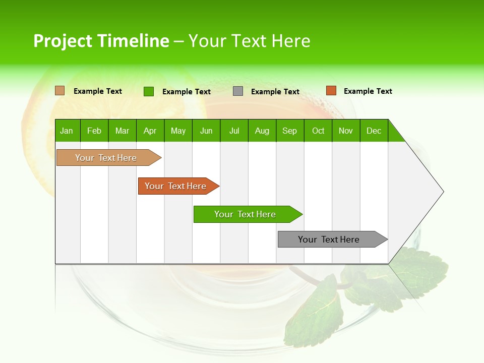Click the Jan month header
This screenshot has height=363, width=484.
[x=67, y=131]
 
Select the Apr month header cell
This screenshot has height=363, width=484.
[x=150, y=131]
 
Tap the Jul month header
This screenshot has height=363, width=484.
[x=234, y=131]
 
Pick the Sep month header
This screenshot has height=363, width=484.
[x=289, y=131]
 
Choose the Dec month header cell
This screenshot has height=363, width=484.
[x=374, y=131]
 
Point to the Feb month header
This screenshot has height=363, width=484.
[x=94, y=131]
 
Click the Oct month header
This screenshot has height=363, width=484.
[x=318, y=131]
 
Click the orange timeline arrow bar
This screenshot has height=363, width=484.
[x=176, y=186]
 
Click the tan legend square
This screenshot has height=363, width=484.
[x=60, y=91]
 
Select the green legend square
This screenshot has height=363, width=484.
[x=149, y=91]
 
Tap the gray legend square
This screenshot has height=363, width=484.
[x=238, y=91]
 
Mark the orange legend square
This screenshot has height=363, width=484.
[x=331, y=91]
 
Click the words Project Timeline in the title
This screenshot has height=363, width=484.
[x=101, y=41]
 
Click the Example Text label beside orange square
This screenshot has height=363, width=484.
[x=368, y=91]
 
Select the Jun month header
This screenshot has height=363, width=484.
[x=206, y=131]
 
